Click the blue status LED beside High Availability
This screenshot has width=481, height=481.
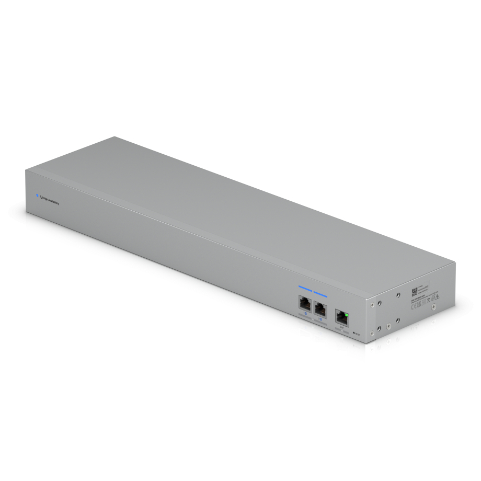(x=37, y=196)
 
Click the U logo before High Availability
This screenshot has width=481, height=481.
(x=41, y=197)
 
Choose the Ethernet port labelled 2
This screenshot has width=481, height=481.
(x=320, y=308)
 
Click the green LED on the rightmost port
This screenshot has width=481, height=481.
(x=347, y=315)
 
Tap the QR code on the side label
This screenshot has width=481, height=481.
(x=415, y=292)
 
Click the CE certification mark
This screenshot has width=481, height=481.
(x=414, y=307)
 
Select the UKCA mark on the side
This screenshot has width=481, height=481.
(x=419, y=305)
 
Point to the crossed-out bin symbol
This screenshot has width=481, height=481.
(x=428, y=301)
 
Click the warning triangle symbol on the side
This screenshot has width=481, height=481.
(x=438, y=296)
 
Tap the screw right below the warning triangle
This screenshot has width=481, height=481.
(x=433, y=307)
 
